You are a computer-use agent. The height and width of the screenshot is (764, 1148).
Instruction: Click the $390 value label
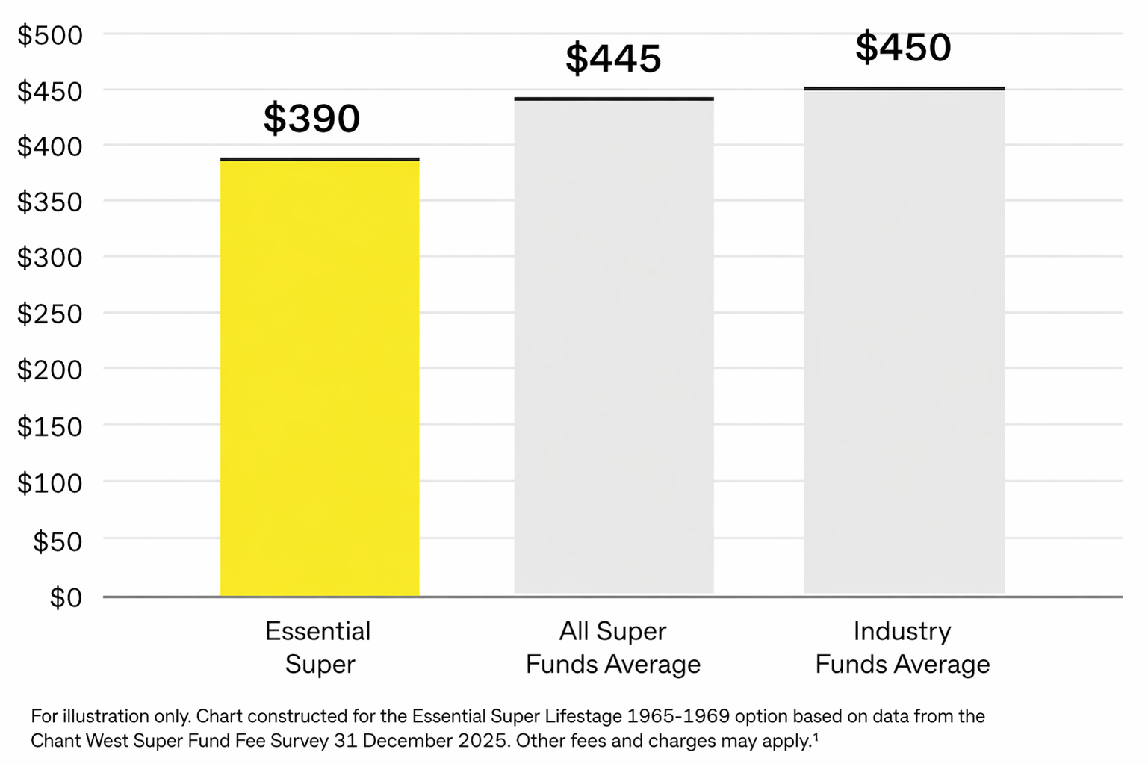pyautogui.click(x=311, y=119)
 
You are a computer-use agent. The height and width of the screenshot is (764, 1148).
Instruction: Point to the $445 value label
pyautogui.click(x=613, y=59)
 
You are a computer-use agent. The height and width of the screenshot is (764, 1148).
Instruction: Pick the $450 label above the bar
pyautogui.click(x=903, y=48)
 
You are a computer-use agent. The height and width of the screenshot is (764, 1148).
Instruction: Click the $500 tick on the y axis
pyautogui.click(x=50, y=35)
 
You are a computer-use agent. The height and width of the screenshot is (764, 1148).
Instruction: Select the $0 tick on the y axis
pyautogui.click(x=66, y=597)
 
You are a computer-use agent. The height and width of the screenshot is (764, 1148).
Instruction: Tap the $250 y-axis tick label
pyautogui.click(x=50, y=314)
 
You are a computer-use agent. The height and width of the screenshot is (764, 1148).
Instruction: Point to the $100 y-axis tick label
pyautogui.click(x=50, y=483)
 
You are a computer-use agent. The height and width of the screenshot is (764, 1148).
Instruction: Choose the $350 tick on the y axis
pyautogui.click(x=50, y=202)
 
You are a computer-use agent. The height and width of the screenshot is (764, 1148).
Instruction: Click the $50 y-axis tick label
pyautogui.click(x=58, y=541)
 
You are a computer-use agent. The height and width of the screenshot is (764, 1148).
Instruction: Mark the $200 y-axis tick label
pyautogui.click(x=50, y=370)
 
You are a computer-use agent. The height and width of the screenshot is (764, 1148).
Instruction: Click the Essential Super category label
pyautogui.click(x=319, y=647)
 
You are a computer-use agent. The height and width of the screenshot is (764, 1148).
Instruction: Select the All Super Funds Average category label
pyautogui.click(x=613, y=647)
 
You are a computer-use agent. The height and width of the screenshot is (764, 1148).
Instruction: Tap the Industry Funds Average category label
pyautogui.click(x=902, y=647)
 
